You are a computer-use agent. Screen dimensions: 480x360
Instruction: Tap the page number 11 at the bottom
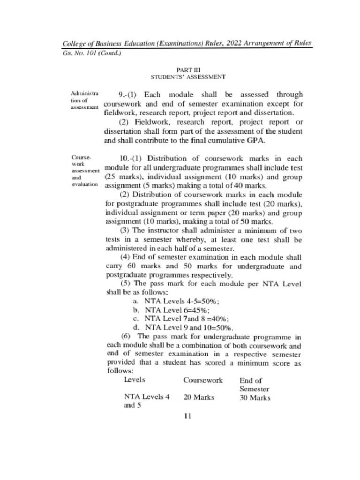point(187,416)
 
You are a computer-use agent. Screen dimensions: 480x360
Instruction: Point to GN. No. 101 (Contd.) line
point(92,53)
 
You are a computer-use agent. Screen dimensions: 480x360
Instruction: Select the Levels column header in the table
point(134,380)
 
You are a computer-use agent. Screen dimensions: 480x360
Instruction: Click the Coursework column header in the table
point(202,380)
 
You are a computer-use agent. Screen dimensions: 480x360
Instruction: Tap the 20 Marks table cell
point(199,397)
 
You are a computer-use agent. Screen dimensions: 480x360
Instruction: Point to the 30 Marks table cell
point(255,398)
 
